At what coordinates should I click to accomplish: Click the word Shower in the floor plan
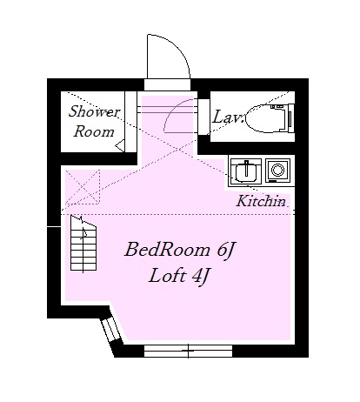tap(95, 113)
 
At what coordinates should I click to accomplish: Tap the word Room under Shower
tap(94, 132)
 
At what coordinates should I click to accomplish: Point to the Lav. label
tap(228, 115)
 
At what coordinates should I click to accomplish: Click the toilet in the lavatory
tap(264, 118)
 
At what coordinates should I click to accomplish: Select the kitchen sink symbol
tap(246, 169)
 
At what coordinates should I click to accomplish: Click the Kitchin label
tap(261, 201)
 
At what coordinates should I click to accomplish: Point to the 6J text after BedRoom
tap(223, 251)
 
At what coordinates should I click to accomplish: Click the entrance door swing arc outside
tap(169, 59)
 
